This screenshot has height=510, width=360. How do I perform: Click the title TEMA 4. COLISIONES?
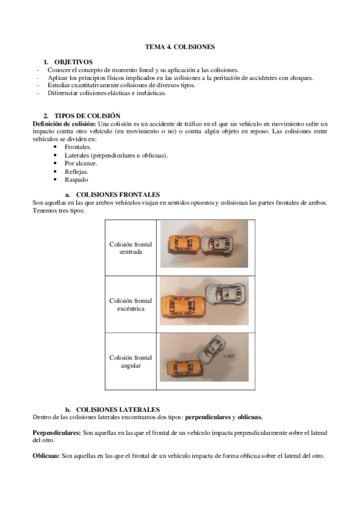click(180, 46)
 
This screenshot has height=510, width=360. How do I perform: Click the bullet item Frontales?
click(78, 147)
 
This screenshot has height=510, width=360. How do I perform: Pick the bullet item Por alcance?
click(81, 163)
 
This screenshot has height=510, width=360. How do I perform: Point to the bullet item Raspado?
click(76, 179)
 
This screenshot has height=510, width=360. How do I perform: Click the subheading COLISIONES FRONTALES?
click(118, 195)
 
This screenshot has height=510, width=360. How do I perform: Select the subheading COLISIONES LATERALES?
click(117, 410)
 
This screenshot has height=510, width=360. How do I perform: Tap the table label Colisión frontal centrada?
click(130, 248)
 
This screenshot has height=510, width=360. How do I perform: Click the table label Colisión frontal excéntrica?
click(130, 304)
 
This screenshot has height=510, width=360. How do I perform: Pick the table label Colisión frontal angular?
click(130, 361)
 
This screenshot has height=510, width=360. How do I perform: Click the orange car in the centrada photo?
click(183, 243)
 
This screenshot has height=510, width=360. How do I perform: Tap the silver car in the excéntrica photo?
click(224, 294)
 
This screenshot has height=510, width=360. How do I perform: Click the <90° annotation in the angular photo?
click(229, 357)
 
